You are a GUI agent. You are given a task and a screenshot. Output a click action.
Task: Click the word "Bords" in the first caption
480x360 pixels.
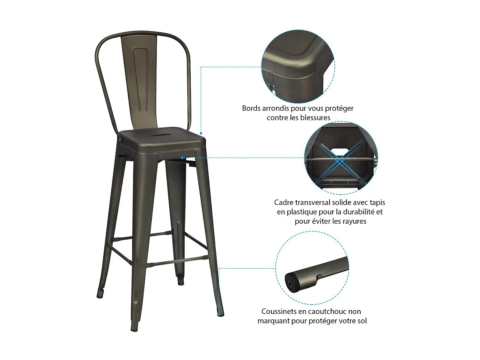click(251, 108)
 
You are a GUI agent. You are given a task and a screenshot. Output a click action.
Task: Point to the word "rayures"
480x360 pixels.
click(354, 221)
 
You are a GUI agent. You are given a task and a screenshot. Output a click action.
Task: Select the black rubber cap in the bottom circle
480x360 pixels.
click(292, 282)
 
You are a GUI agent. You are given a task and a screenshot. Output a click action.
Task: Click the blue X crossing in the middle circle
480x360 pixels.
click(340, 159)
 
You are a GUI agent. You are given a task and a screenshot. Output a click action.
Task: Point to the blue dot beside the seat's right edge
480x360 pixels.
click(201, 133)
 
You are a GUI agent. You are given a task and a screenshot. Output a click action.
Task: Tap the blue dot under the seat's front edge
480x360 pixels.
click(182, 157)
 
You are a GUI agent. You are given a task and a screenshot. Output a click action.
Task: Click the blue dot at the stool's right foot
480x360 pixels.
click(219, 315)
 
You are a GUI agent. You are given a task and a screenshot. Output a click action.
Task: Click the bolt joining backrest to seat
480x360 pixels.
click(120, 139)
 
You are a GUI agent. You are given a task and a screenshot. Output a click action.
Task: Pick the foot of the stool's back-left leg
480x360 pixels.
click(100, 294)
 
